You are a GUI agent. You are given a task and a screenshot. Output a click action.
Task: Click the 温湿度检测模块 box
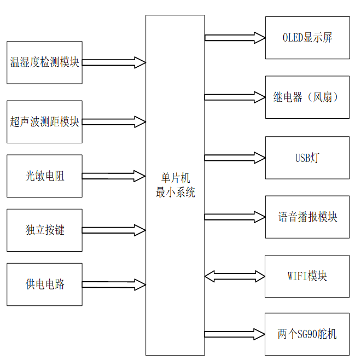tap(44, 62)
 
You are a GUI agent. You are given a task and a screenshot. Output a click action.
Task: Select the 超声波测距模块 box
tap(44, 121)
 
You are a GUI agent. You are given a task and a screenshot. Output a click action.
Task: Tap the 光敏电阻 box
tap(44, 176)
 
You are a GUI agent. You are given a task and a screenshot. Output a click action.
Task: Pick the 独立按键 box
tap(44, 230)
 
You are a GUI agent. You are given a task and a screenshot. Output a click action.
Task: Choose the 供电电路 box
tap(44, 284)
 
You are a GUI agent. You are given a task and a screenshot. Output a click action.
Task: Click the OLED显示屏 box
tap(307, 38)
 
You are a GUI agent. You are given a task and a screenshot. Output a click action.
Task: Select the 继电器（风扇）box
tap(307, 97)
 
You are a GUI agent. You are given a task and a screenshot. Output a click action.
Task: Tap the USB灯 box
tap(307, 158)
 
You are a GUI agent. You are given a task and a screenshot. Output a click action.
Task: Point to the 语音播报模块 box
tap(307, 217)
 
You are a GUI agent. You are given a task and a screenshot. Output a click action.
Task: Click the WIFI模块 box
tap(307, 276)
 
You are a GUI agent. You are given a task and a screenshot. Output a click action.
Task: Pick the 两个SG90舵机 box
tap(307, 334)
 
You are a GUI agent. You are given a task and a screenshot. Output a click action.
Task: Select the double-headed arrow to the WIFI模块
tap(235, 276)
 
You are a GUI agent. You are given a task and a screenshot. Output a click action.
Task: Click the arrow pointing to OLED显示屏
tap(235, 38)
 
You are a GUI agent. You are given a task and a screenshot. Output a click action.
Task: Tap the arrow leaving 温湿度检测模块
tap(114, 62)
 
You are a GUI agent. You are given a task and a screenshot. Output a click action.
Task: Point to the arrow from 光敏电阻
tap(114, 176)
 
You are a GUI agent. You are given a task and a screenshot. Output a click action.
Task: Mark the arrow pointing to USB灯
tap(235, 158)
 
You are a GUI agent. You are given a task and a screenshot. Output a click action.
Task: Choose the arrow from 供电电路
tap(114, 284)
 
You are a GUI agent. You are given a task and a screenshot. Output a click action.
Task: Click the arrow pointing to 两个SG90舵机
tap(235, 334)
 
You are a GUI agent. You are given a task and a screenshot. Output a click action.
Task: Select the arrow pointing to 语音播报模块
tap(235, 217)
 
